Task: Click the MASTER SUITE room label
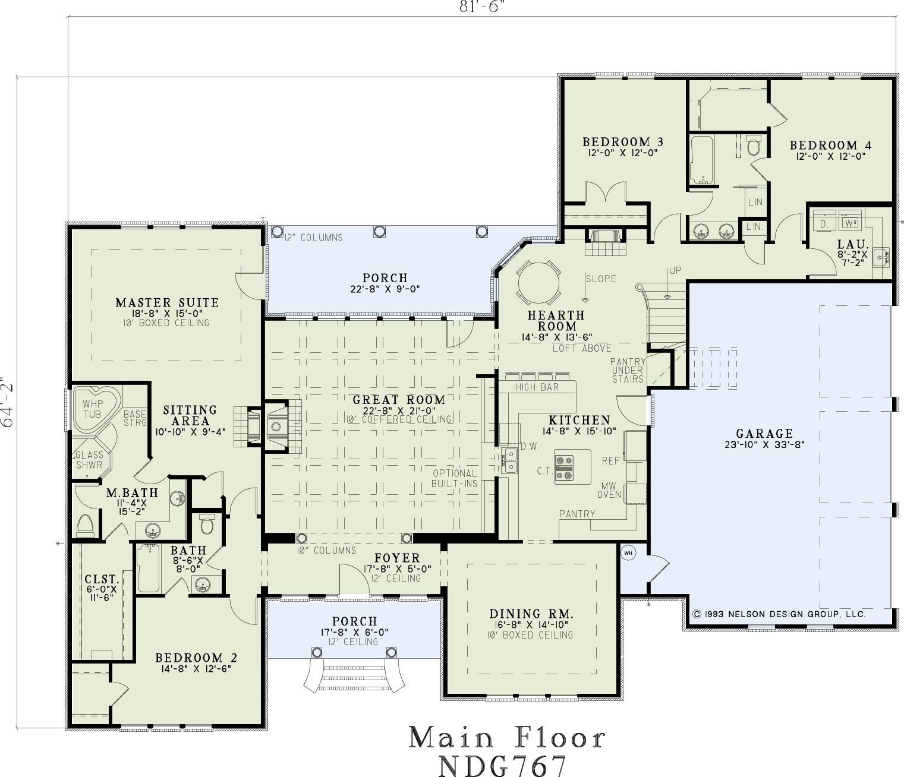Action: (167, 302)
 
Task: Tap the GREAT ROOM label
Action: (399, 400)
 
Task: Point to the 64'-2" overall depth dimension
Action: (8, 402)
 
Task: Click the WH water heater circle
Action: (628, 553)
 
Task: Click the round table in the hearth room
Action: (538, 283)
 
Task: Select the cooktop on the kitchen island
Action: (564, 469)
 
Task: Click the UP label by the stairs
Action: (675, 270)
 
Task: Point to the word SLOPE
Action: (601, 279)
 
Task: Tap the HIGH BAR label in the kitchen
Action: (537, 387)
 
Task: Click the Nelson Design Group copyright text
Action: (779, 614)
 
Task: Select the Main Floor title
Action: (507, 738)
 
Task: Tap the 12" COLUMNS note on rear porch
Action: (314, 238)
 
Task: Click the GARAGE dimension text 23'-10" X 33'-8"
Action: (764, 444)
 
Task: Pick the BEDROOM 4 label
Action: (830, 145)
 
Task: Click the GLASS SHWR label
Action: (89, 460)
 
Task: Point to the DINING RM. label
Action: (531, 614)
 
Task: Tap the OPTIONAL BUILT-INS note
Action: (455, 478)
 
